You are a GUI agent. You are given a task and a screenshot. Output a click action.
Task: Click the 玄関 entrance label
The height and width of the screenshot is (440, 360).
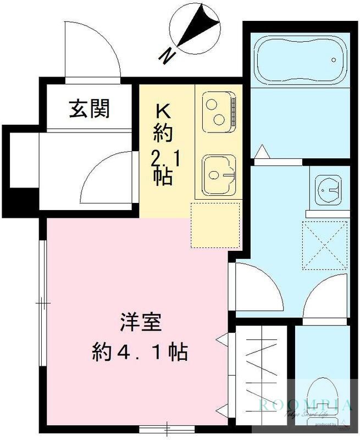(89, 108)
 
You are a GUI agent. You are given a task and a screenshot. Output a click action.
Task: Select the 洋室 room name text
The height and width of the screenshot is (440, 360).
(141, 323)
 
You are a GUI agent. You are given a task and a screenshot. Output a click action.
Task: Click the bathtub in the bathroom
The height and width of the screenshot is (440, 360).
(300, 61)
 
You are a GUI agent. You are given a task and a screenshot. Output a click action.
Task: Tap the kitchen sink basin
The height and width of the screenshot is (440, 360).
(219, 174)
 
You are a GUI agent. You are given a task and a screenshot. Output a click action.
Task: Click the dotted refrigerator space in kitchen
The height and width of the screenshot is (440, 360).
(215, 224)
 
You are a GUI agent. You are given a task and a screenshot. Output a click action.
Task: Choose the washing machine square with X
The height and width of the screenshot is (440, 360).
(325, 245)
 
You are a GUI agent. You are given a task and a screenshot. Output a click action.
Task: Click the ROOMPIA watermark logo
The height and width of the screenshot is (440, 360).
(305, 406)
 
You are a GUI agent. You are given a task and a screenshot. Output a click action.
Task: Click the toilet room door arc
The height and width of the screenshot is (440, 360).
(324, 297)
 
